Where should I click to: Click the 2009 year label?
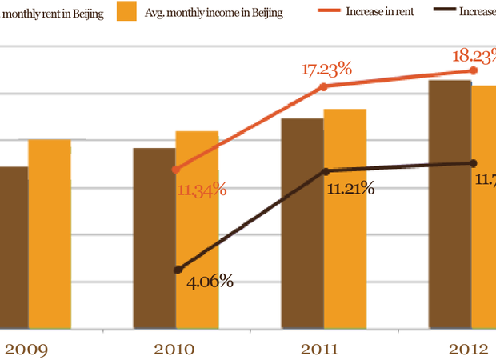(x=27, y=350)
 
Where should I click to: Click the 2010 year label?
(x=176, y=350)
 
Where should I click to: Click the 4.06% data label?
(x=209, y=281)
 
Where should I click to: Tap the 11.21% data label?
(x=351, y=189)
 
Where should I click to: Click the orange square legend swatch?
(x=126, y=13)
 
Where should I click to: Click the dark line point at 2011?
(x=325, y=171)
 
